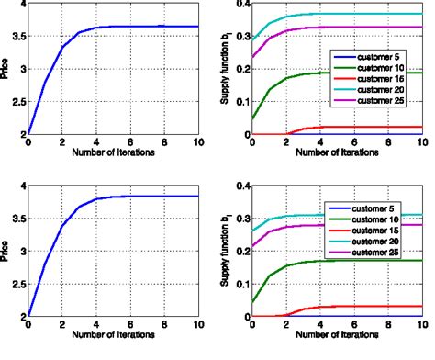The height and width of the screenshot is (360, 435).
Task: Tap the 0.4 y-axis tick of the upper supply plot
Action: (x=240, y=4)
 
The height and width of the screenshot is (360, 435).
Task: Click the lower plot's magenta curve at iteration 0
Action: (x=252, y=246)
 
